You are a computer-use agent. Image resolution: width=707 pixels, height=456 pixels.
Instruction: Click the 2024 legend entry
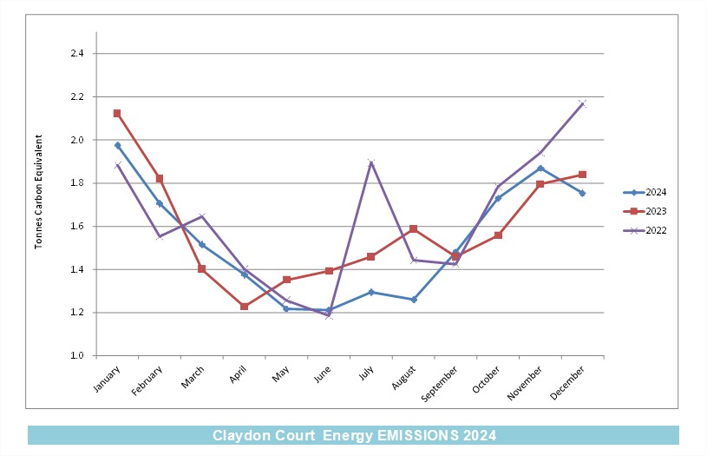pos(645,192)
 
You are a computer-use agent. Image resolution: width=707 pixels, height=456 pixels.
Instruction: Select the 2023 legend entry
pos(645,211)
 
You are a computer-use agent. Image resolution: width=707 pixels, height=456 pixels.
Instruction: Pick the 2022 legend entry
pos(645,230)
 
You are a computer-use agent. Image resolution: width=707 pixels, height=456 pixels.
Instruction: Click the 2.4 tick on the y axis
pos(77,53)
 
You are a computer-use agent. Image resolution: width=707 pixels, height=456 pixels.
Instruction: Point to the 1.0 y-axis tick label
pos(77,355)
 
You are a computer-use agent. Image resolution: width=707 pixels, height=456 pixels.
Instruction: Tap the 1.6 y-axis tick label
pos(77,226)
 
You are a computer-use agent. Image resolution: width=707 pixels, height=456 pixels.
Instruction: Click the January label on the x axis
pos(107,380)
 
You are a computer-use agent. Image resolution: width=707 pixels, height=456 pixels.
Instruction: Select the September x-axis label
pos(439,384)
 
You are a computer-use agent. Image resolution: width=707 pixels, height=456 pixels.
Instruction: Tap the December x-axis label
pos(567,382)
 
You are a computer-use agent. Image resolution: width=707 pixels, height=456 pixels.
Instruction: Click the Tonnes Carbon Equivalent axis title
pos(38,191)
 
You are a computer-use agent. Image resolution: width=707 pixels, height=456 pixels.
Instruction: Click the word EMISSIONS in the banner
pos(417,435)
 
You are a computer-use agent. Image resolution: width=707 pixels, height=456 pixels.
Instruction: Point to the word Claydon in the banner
pos(239,435)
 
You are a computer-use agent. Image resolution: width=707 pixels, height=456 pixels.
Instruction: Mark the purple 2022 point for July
pos(371,162)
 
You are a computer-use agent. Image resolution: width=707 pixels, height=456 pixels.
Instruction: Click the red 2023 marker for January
pos(117,113)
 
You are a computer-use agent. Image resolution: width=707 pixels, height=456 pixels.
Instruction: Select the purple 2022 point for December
pos(582,104)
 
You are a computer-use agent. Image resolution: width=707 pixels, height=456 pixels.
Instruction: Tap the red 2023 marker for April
pos(244,307)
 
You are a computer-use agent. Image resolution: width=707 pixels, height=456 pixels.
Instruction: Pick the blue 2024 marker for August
pos(414,300)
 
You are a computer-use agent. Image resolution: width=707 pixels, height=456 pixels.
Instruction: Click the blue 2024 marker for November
pos(540,169)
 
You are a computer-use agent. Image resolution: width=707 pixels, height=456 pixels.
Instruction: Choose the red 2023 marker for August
pos(414,229)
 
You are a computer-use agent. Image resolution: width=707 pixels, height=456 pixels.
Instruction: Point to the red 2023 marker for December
pos(582,175)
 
